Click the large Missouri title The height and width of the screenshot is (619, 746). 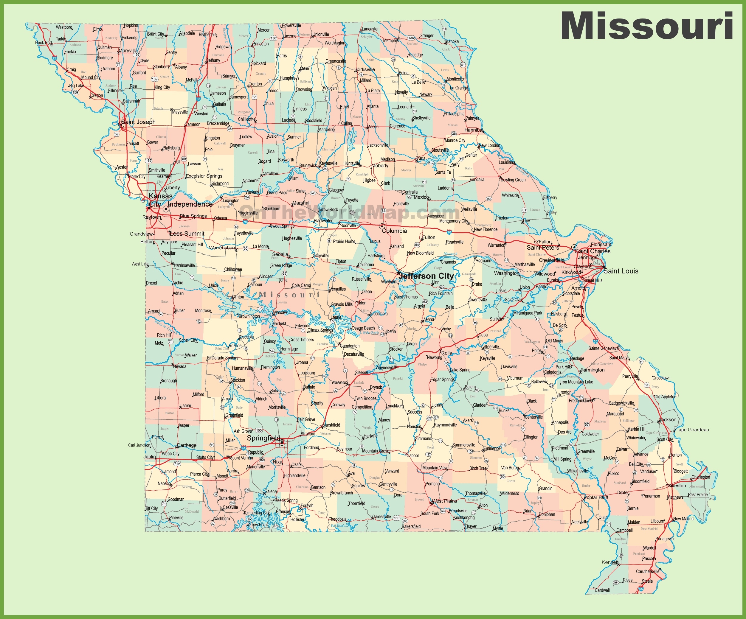click(x=646, y=26)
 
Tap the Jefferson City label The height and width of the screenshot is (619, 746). click(x=426, y=276)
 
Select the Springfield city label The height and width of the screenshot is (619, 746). click(x=263, y=438)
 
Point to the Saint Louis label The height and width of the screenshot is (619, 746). click(x=621, y=271)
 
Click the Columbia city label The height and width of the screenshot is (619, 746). click(x=394, y=231)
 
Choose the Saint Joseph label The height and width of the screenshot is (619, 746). click(x=139, y=122)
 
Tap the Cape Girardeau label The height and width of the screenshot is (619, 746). click(x=692, y=430)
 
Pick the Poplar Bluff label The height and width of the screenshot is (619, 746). click(x=596, y=497)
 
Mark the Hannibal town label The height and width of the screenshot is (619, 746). click(x=474, y=130)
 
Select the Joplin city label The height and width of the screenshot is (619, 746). click(x=150, y=457)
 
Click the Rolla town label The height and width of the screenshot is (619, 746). click(x=446, y=353)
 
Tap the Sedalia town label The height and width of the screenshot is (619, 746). click(x=280, y=254)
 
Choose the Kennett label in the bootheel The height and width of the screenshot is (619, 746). click(x=610, y=562)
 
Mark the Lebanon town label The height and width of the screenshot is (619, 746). click(x=338, y=382)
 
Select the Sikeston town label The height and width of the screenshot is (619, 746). click(x=677, y=486)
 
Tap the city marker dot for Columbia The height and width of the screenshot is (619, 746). click(x=382, y=226)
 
